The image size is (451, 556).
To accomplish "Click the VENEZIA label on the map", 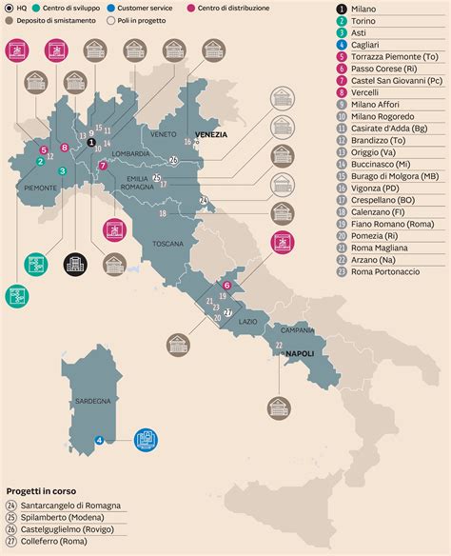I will (210, 134).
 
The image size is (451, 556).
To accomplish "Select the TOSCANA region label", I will (167, 244).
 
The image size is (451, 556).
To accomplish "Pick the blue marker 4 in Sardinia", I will (100, 439).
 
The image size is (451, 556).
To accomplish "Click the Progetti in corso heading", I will (43, 492).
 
